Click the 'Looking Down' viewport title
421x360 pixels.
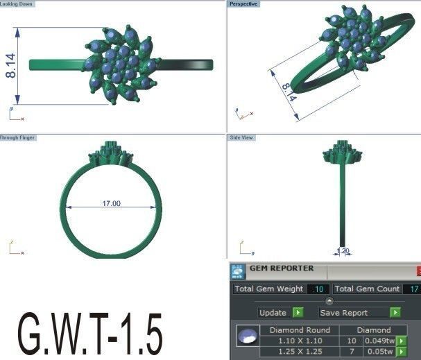pyautogui.click(x=17, y=4)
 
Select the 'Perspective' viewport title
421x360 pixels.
pyautogui.click(x=244, y=4)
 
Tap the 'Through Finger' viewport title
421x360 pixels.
pyautogui.click(x=18, y=138)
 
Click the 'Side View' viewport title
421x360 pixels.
pyautogui.click(x=242, y=138)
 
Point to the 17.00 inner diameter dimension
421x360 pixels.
pyautogui.click(x=111, y=204)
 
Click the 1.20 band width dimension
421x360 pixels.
pyautogui.click(x=343, y=251)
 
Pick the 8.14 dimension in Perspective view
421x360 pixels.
pyautogui.click(x=289, y=93)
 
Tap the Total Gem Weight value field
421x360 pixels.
pyautogui.click(x=319, y=289)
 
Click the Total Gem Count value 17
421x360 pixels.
pyautogui.click(x=413, y=289)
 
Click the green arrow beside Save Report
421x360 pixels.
pyautogui.click(x=395, y=313)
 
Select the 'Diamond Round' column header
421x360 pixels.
pyautogui.click(x=300, y=330)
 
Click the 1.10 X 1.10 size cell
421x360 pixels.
pyautogui.click(x=300, y=341)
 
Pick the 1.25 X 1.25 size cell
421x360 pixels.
pyautogui.click(x=300, y=352)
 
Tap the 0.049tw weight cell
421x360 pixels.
pyautogui.click(x=380, y=341)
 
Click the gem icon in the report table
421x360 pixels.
pyautogui.click(x=244, y=336)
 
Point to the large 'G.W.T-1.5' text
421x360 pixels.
pyautogui.click(x=91, y=335)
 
